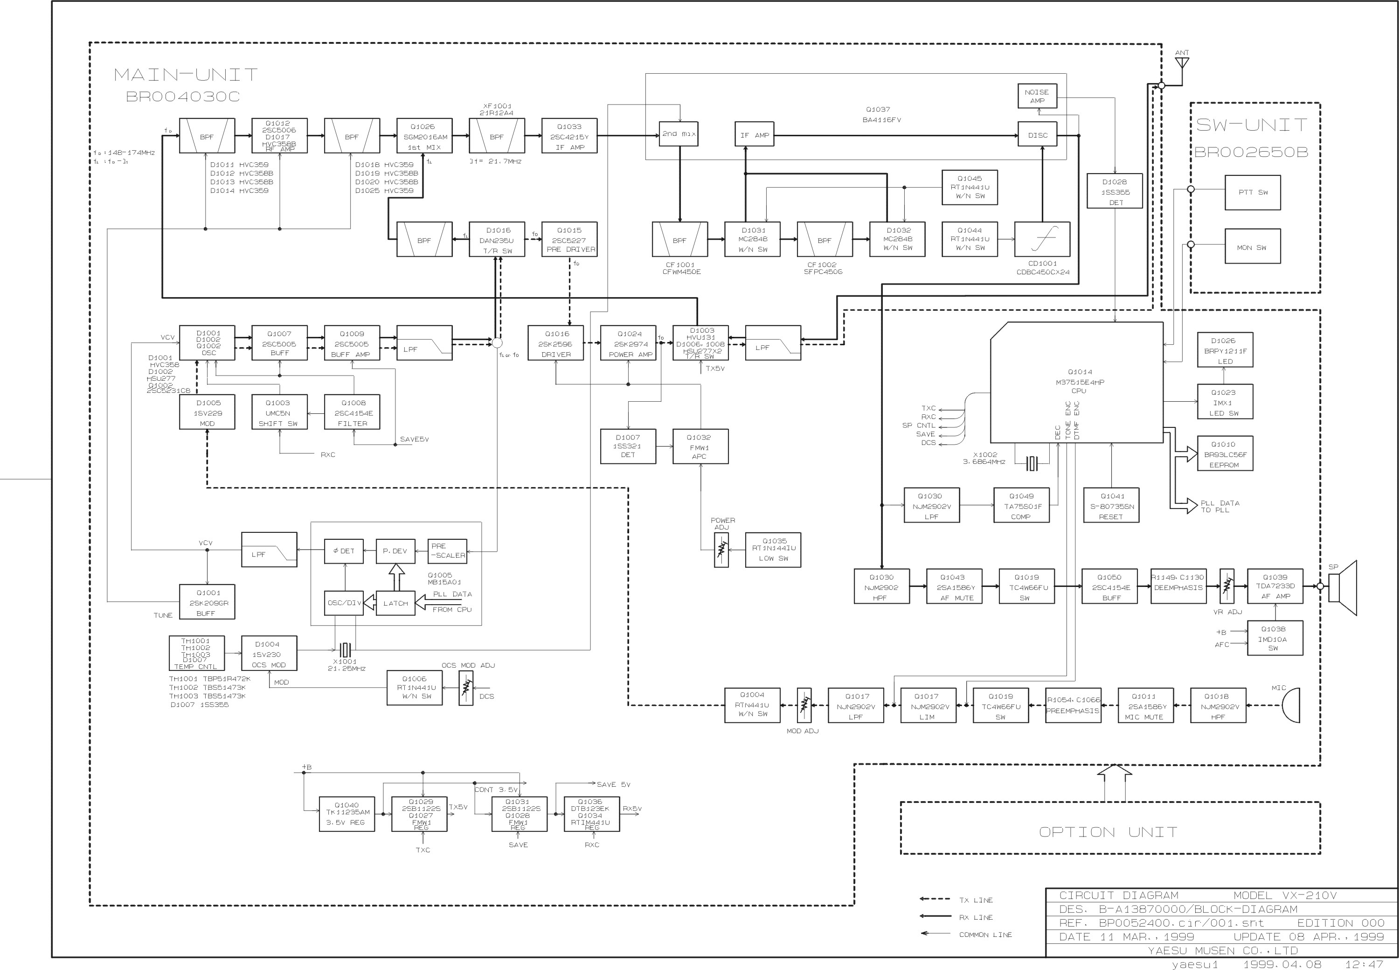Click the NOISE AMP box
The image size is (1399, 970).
click(1038, 96)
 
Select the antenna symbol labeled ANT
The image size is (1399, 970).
click(1182, 63)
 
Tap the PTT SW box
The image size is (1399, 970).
click(1252, 193)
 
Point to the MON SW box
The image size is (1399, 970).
click(1252, 247)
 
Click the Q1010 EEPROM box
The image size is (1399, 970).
click(1224, 454)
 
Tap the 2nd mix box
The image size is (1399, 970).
click(679, 134)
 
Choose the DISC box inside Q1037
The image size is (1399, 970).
click(1038, 135)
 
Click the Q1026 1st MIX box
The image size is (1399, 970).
click(424, 136)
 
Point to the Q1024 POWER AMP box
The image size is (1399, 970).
click(628, 343)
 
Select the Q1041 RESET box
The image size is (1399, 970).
click(1111, 506)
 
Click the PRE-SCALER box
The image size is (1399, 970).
click(447, 551)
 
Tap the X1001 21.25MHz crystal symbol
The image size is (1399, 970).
click(345, 650)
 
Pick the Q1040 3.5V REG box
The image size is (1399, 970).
click(346, 813)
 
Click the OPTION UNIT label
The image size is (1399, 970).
click(1108, 831)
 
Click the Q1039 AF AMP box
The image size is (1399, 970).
click(1274, 586)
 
